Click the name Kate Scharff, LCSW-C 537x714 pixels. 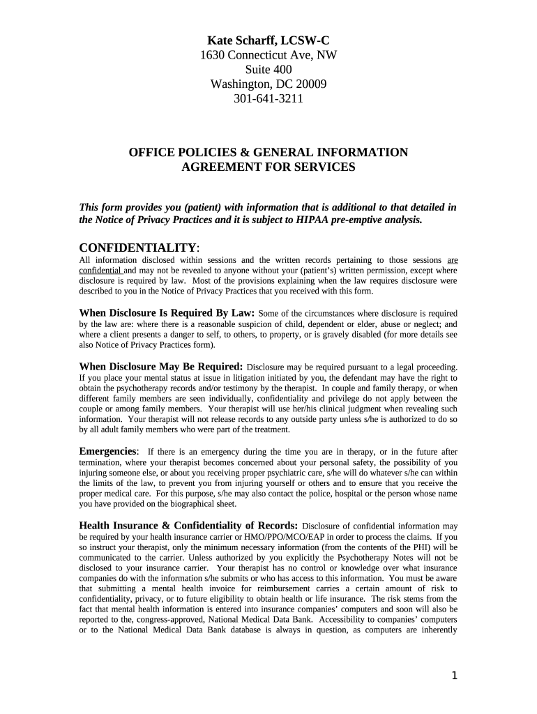point(268,40)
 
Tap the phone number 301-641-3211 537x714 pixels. point(268,98)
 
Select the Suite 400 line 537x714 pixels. point(268,70)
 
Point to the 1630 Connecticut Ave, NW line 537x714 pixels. point(268,55)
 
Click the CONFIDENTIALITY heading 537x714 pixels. point(139,248)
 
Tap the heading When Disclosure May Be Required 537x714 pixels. point(161,366)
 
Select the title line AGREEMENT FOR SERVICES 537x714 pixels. point(268,167)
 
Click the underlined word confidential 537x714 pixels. point(100,270)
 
